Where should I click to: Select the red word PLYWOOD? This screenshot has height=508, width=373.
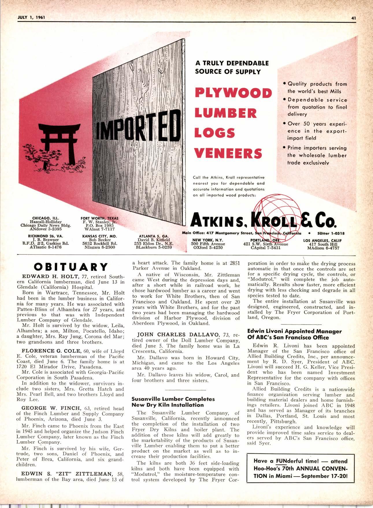[x=233, y=93]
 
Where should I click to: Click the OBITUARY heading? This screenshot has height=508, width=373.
[x=71, y=266]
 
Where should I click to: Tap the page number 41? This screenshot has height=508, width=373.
[x=353, y=18]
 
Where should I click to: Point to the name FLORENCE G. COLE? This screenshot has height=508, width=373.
[x=50, y=351]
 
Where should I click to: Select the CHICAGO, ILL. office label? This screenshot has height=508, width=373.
[x=46, y=218]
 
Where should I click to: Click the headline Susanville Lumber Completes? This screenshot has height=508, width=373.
[x=173, y=399]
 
